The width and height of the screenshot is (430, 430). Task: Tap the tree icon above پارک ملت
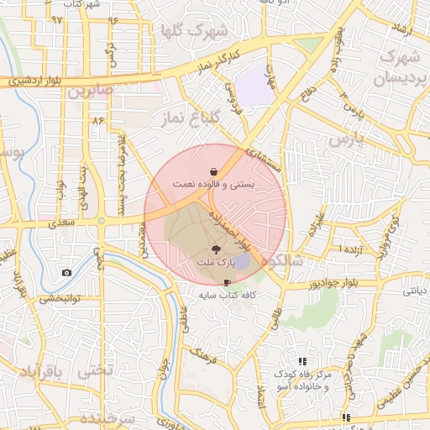point(215,249)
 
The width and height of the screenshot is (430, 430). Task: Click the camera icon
point(66,273)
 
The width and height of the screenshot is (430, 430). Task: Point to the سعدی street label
point(62,223)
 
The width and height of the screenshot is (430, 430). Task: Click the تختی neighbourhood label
point(92,370)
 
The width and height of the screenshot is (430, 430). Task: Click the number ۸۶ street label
point(99,120)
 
